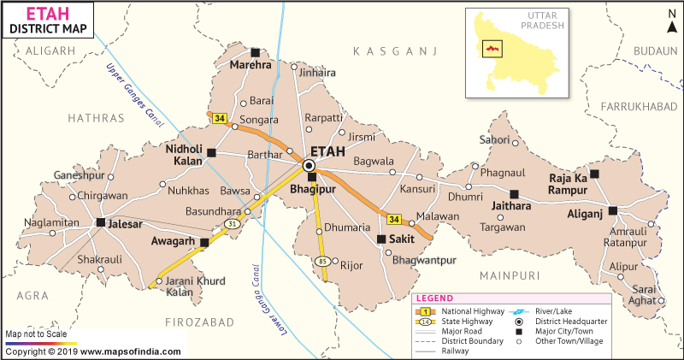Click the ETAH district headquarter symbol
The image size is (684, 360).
(x=310, y=165)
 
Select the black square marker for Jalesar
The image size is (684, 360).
(x=101, y=222)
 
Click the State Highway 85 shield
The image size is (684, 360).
(x=322, y=260)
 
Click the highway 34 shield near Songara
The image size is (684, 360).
(x=220, y=119)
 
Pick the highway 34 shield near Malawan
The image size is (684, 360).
(x=392, y=218)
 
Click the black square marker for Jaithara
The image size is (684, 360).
(x=515, y=194)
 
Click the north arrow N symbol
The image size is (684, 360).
(x=671, y=15)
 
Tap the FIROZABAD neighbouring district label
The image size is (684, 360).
(x=199, y=322)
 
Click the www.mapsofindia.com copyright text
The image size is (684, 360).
(x=93, y=351)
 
